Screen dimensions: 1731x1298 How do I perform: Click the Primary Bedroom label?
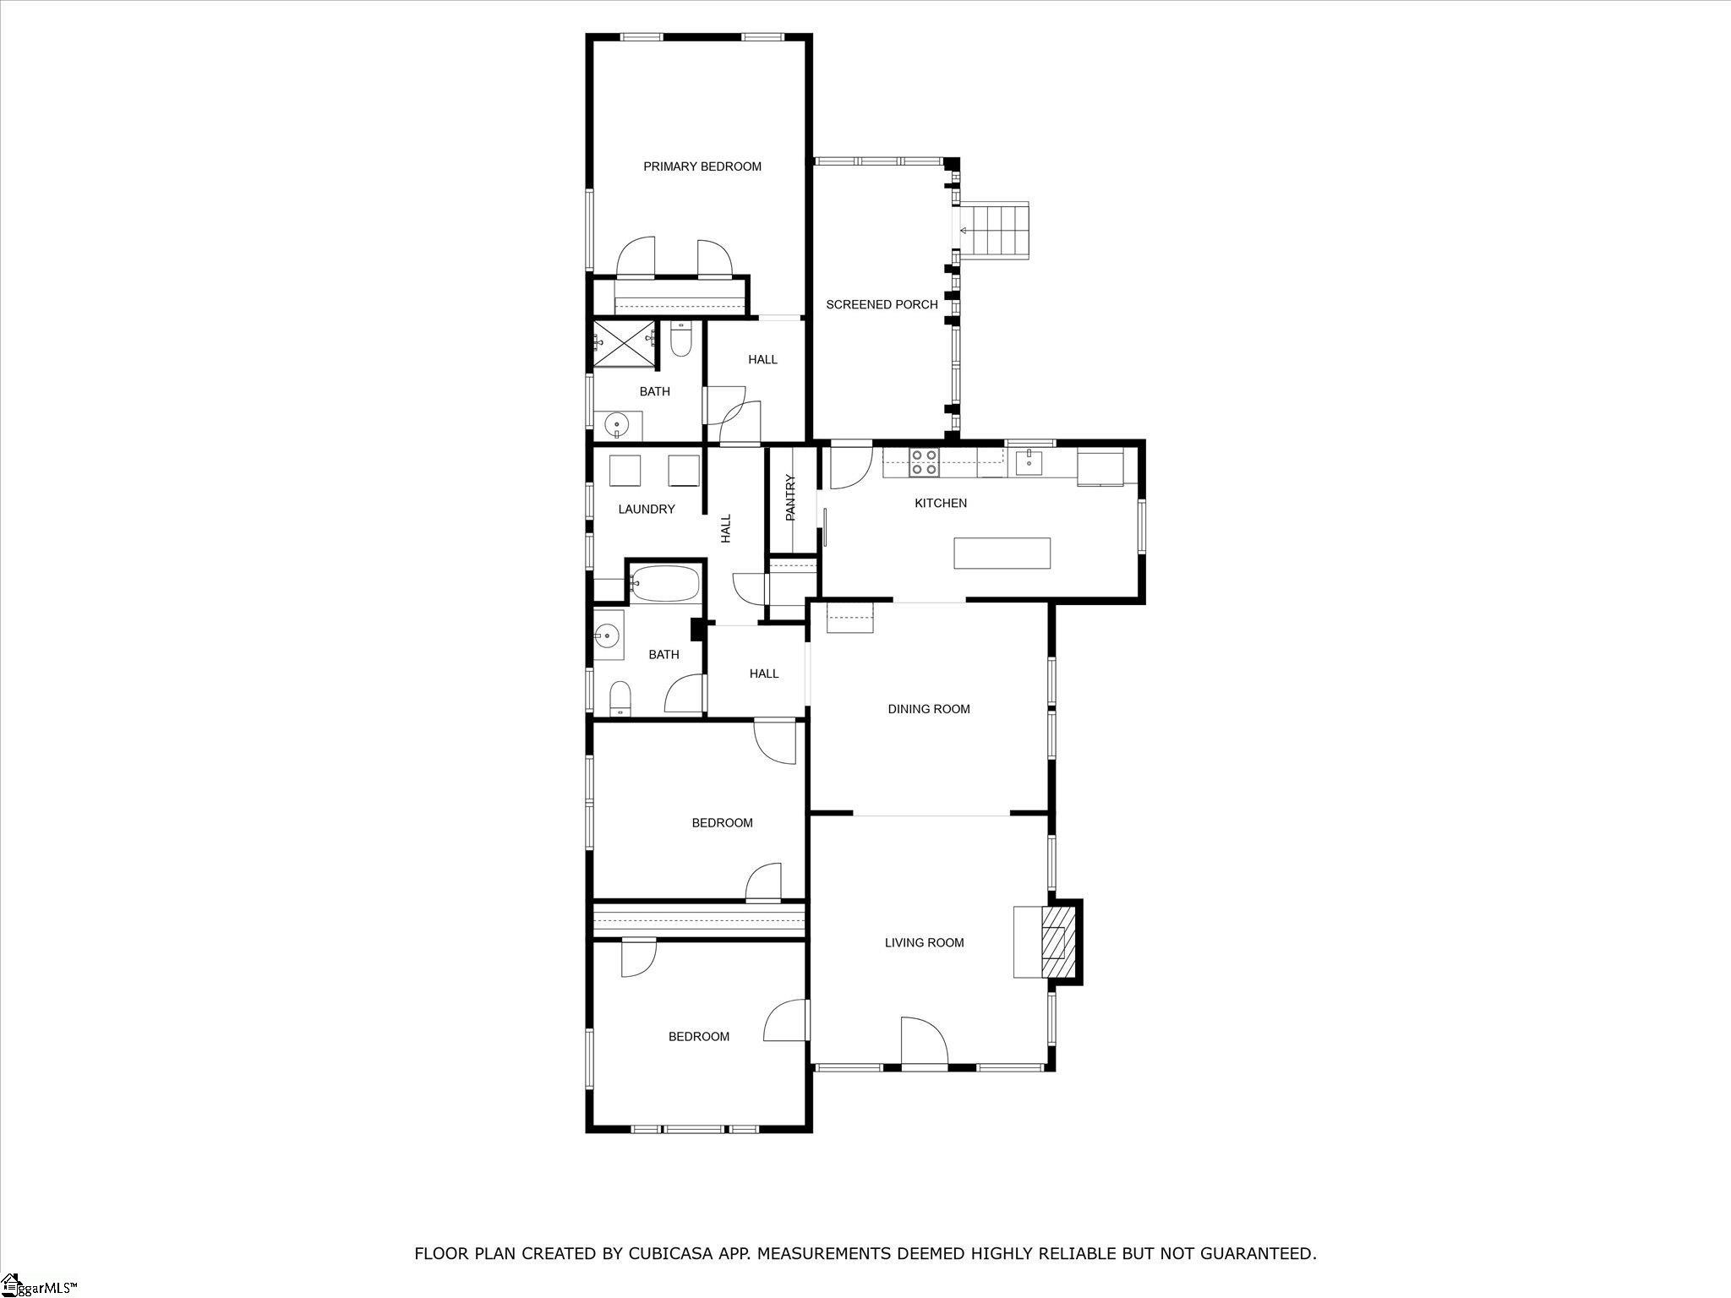pyautogui.click(x=702, y=166)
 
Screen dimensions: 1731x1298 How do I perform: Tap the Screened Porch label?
pyautogui.click(x=882, y=304)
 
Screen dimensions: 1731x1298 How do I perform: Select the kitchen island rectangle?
pyautogui.click(x=1002, y=554)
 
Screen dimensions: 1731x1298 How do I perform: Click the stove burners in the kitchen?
pyautogui.click(x=923, y=463)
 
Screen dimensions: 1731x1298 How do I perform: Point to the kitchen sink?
pyautogui.click(x=1030, y=463)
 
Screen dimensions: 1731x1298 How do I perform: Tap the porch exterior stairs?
pyautogui.click(x=997, y=230)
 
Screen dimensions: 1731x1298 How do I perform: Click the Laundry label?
pyautogui.click(x=647, y=509)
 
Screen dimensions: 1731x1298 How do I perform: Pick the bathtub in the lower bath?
pyautogui.click(x=665, y=583)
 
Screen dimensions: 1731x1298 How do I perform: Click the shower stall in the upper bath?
pyautogui.click(x=624, y=345)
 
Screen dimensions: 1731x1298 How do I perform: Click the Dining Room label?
pyautogui.click(x=929, y=709)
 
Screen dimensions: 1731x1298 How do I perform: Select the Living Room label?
pyautogui.click(x=924, y=942)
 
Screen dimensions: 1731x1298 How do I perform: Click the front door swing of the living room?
pyautogui.click(x=924, y=1040)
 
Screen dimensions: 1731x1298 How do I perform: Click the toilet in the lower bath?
pyautogui.click(x=620, y=697)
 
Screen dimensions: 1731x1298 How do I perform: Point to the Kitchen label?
pyautogui.click(x=941, y=503)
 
